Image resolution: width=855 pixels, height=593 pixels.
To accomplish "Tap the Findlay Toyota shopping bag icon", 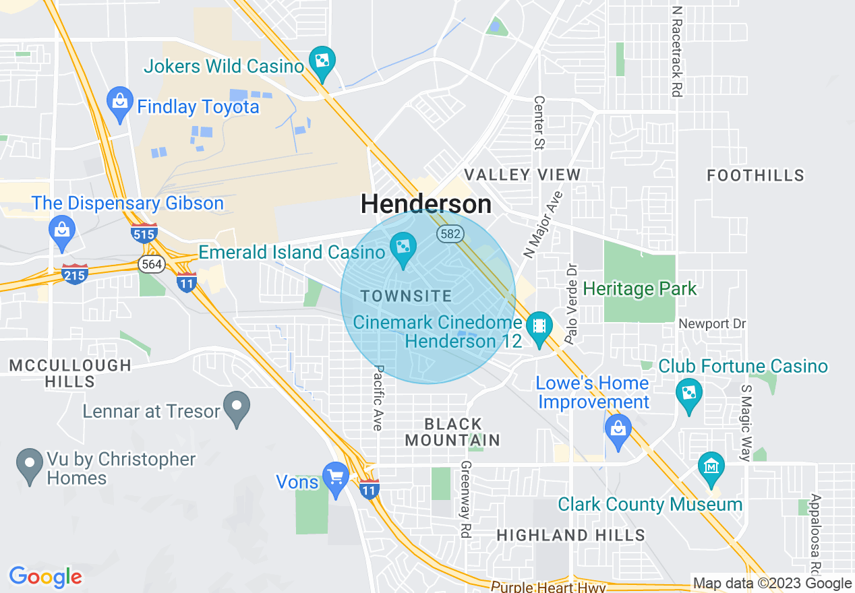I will [x=119, y=102].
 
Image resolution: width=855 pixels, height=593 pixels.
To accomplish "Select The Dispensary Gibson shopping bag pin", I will [x=61, y=230].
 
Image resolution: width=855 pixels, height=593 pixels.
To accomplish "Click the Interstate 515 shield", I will [x=144, y=233].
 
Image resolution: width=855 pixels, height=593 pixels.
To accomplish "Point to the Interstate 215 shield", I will [x=74, y=274].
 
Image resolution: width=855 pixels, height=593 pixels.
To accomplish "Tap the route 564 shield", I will [x=152, y=264].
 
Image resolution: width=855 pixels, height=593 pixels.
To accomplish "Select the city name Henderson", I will [x=426, y=204].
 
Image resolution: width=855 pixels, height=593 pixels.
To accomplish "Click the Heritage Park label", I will [x=639, y=289].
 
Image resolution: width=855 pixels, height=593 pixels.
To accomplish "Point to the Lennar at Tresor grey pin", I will [x=237, y=407].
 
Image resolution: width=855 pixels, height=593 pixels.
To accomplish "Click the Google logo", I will [x=45, y=577].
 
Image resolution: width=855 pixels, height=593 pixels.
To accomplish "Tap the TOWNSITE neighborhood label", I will [x=406, y=296].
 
